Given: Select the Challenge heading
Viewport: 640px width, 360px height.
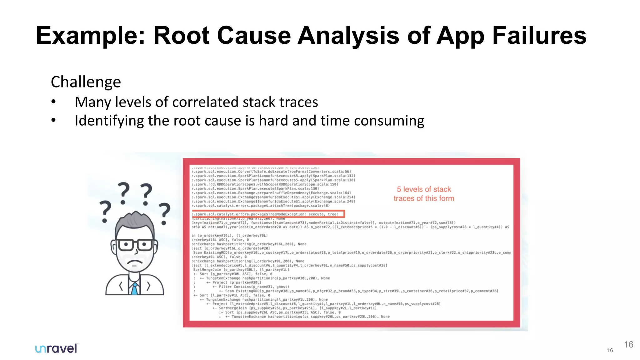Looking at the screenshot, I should pos(86,82).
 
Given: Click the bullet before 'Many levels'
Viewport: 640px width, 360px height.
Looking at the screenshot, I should pos(54,102).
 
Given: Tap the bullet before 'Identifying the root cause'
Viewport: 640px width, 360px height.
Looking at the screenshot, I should pos(54,120).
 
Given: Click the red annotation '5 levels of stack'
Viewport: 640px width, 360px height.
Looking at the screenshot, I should pos(424,189).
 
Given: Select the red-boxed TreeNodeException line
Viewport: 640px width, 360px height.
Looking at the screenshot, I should pos(268,214).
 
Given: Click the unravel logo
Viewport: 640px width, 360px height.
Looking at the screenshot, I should pos(56,348).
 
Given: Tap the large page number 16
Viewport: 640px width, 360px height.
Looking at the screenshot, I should pos(628,344).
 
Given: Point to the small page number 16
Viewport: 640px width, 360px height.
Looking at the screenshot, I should pos(610,350).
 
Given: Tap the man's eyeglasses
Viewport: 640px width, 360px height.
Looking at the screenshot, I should pos(135,244).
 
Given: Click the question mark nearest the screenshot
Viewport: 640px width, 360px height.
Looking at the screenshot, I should pos(164,213).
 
